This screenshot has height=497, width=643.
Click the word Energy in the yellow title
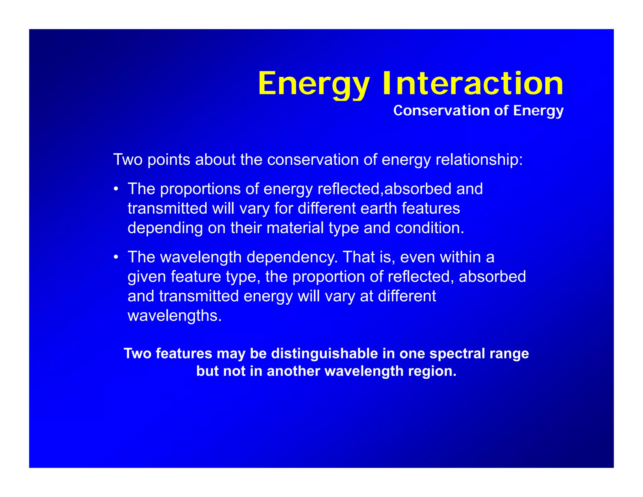point(313,84)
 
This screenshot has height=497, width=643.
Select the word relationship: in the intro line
point(479,160)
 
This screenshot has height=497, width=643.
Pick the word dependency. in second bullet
point(292,257)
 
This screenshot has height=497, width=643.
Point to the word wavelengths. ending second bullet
point(175,316)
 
